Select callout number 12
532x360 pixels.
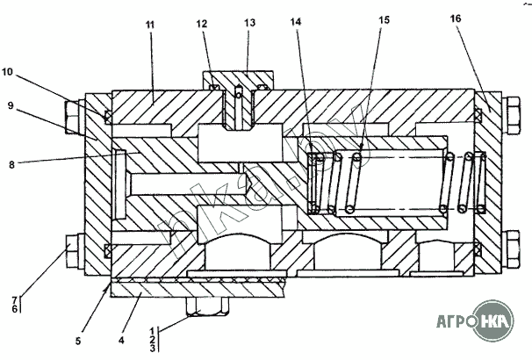[x=203, y=24]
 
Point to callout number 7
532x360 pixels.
[x=14, y=300]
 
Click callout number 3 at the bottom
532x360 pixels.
[x=153, y=349]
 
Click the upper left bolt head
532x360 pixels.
[x=75, y=115]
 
